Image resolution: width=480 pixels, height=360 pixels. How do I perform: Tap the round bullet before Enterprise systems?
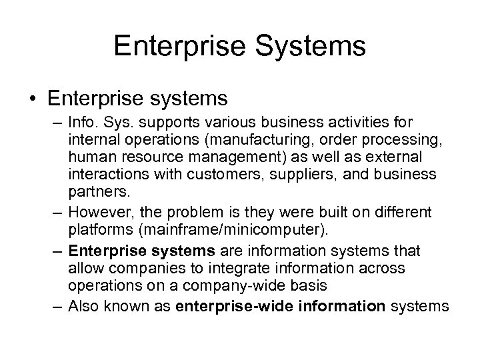32,99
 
